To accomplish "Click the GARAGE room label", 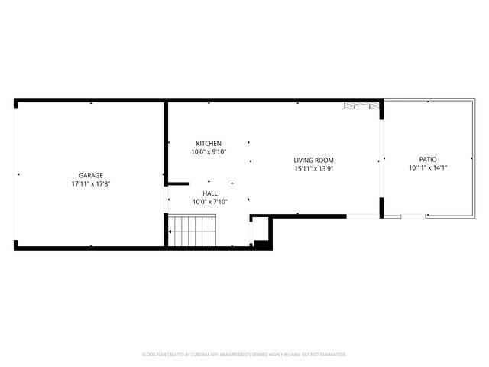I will coord(90,175).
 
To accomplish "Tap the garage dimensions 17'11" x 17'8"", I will coord(90,183).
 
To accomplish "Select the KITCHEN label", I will coord(209,144).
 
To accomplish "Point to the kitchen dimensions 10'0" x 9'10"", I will coord(209,152).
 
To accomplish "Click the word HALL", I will coord(209,193).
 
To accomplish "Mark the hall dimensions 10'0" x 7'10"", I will coord(209,202).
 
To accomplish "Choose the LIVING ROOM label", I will coord(314,160).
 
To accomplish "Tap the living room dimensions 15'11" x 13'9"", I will coord(314,168).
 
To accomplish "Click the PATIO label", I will coord(427,160).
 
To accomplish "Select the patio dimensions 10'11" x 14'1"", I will coord(427,168).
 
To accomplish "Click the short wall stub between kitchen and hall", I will coord(178,183).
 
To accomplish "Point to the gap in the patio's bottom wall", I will coord(413,217).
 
